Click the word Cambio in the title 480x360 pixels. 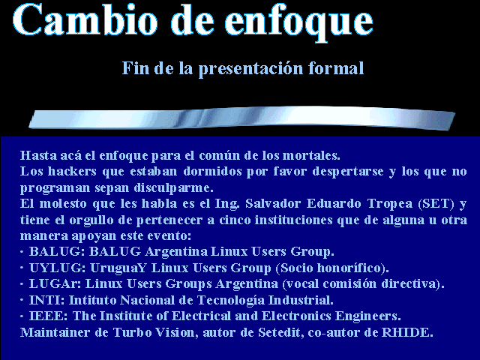click(85, 19)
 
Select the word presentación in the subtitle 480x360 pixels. click(250, 69)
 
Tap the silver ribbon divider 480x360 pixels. click(241, 118)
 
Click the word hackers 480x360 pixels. click(72, 171)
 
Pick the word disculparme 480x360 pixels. click(173, 188)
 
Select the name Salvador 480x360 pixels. click(273, 203)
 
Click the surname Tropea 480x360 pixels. click(390, 204)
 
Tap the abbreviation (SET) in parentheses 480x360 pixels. click(436, 204)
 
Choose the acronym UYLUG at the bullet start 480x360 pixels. click(57, 268)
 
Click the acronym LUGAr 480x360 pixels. click(55, 283)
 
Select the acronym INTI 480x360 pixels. click(46, 300)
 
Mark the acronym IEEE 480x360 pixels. click(48, 316)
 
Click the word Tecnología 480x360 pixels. click(231, 300)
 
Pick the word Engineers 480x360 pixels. click(368, 316)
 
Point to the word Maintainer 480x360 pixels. click(55, 332)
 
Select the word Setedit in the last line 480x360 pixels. click(281, 332)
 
